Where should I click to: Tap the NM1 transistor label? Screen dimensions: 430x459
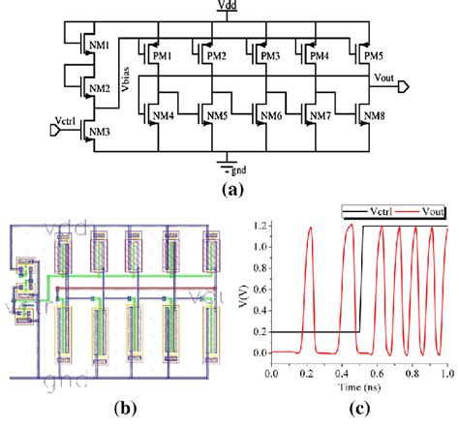(x=100, y=46)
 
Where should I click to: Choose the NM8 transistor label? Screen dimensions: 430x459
(x=376, y=117)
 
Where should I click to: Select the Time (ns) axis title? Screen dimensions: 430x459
(x=359, y=384)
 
